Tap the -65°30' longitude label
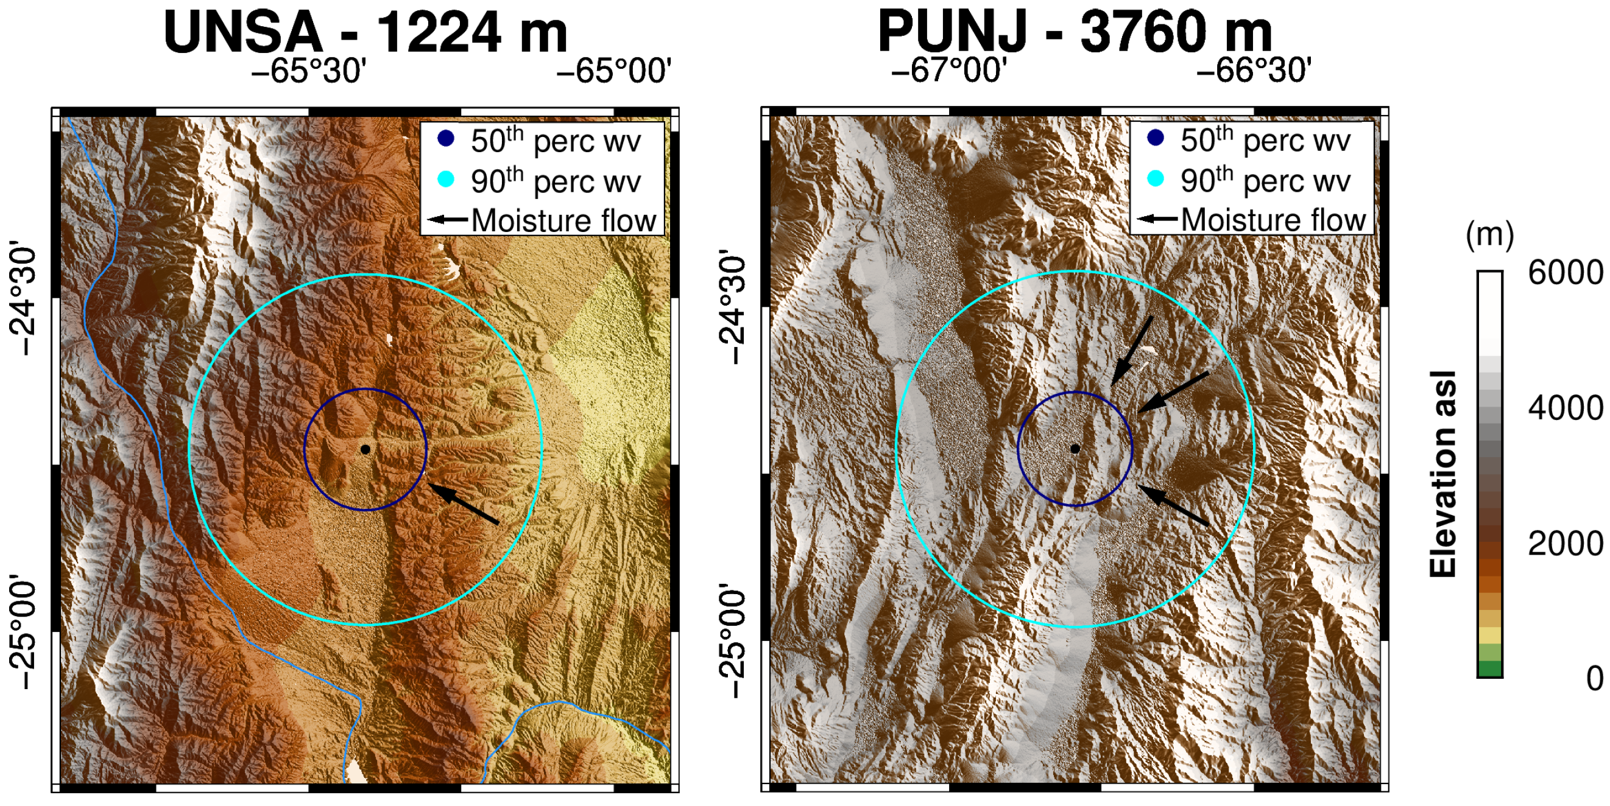click(308, 71)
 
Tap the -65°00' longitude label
click(614, 71)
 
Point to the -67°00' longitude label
click(948, 71)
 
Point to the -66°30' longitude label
click(1253, 71)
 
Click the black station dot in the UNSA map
click(365, 449)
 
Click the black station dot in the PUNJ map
click(1075, 449)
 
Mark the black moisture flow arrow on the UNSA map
click(463, 503)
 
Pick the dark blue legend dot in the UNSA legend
click(446, 139)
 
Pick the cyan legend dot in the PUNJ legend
click(1156, 179)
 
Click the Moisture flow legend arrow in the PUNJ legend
click(1156, 219)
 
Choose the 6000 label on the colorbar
click(1565, 272)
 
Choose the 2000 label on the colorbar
click(1565, 543)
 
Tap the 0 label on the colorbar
click(1594, 678)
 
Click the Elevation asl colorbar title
click(1443, 474)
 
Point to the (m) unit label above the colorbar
click(1489, 235)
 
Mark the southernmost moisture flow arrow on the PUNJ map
click(1173, 505)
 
